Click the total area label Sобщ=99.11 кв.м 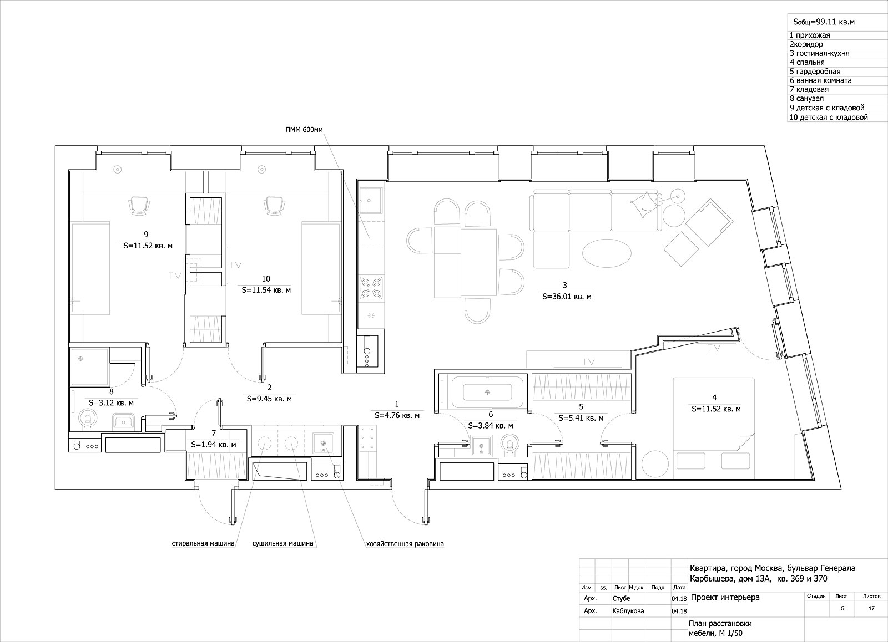tap(824, 22)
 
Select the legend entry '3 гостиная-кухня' tap(819, 53)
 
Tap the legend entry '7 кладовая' tap(809, 89)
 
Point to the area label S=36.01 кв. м tap(567, 296)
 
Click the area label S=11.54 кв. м tap(266, 290)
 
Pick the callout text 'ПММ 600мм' tap(304, 130)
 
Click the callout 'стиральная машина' tap(203, 543)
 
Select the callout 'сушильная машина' tap(282, 543)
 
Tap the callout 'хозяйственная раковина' tap(405, 544)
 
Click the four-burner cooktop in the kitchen tap(371, 288)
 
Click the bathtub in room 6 tap(487, 392)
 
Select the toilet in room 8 tap(88, 419)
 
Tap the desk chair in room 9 tap(139, 206)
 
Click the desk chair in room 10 tap(275, 206)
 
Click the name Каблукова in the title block tap(628, 611)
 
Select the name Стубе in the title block tap(621, 598)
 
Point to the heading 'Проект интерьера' tap(725, 598)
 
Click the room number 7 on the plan tap(214, 433)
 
